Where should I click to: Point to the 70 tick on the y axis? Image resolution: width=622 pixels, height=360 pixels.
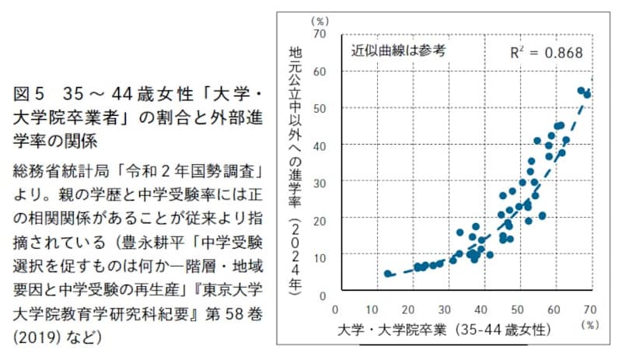(x=319, y=35)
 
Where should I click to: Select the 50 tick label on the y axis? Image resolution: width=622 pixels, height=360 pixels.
(x=319, y=109)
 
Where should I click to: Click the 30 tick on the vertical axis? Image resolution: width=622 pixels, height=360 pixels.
(x=319, y=183)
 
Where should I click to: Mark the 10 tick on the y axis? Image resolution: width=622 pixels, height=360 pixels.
(x=319, y=257)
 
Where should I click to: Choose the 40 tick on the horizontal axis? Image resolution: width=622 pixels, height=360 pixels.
(x=481, y=309)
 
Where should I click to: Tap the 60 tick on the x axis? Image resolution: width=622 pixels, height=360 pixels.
(x=555, y=309)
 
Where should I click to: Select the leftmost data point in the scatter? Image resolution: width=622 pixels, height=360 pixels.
(x=388, y=274)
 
